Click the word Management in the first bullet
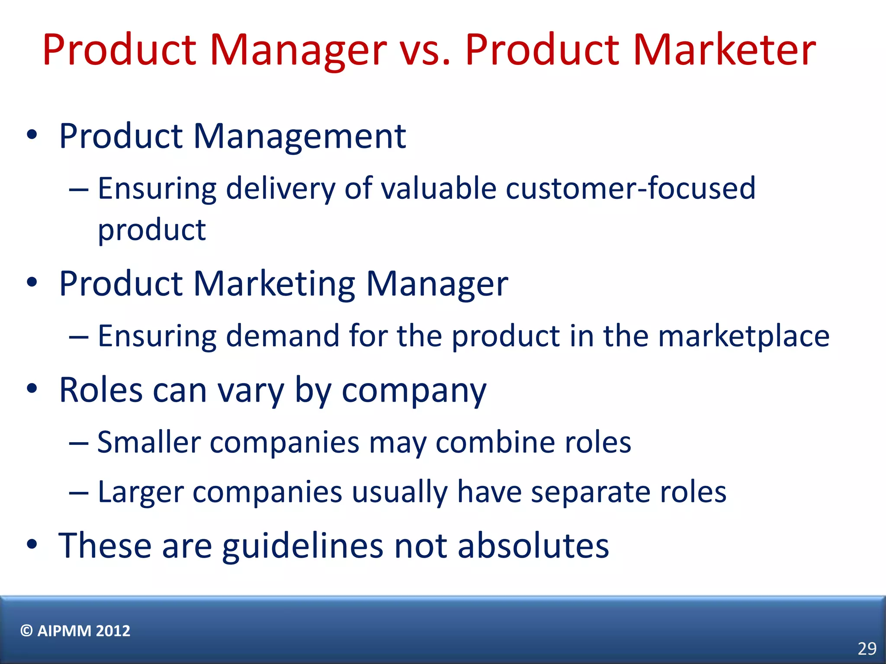pyautogui.click(x=299, y=137)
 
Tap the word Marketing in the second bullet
pyautogui.click(x=274, y=284)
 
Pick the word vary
pyautogui.click(x=250, y=390)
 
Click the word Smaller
pyautogui.click(x=149, y=442)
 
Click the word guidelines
pyautogui.click(x=303, y=546)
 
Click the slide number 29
pyautogui.click(x=867, y=648)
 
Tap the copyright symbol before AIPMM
pyautogui.click(x=26, y=631)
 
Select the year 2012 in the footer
pyautogui.click(x=113, y=631)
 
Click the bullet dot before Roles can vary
pyautogui.click(x=32, y=388)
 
